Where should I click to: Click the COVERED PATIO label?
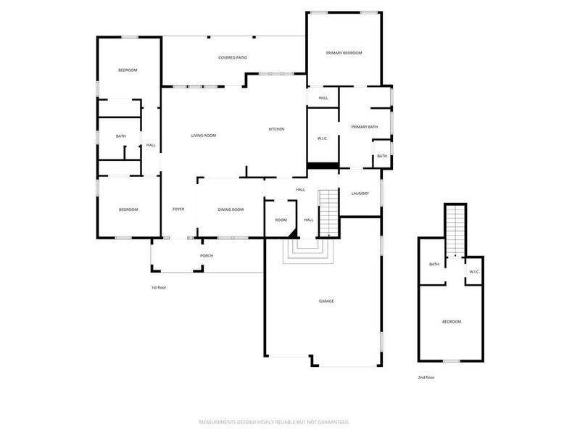[233, 57]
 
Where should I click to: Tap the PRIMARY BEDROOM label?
[344, 53]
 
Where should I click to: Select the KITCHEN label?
[276, 129]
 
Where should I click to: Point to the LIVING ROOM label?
[204, 136]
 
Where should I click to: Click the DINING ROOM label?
[231, 210]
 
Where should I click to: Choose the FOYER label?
[178, 210]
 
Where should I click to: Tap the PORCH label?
[207, 255]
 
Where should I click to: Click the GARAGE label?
[327, 301]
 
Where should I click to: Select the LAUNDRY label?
[360, 194]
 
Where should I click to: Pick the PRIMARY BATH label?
[365, 127]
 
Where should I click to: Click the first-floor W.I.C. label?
[323, 138]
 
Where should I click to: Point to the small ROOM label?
[281, 220]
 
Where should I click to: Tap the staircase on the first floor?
[329, 211]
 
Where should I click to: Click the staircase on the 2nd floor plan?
[455, 229]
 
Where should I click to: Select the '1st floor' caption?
[158, 288]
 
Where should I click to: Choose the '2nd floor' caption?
[426, 378]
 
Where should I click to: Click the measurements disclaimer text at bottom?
[275, 421]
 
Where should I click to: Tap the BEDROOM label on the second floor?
[452, 321]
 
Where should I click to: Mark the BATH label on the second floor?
[434, 264]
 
